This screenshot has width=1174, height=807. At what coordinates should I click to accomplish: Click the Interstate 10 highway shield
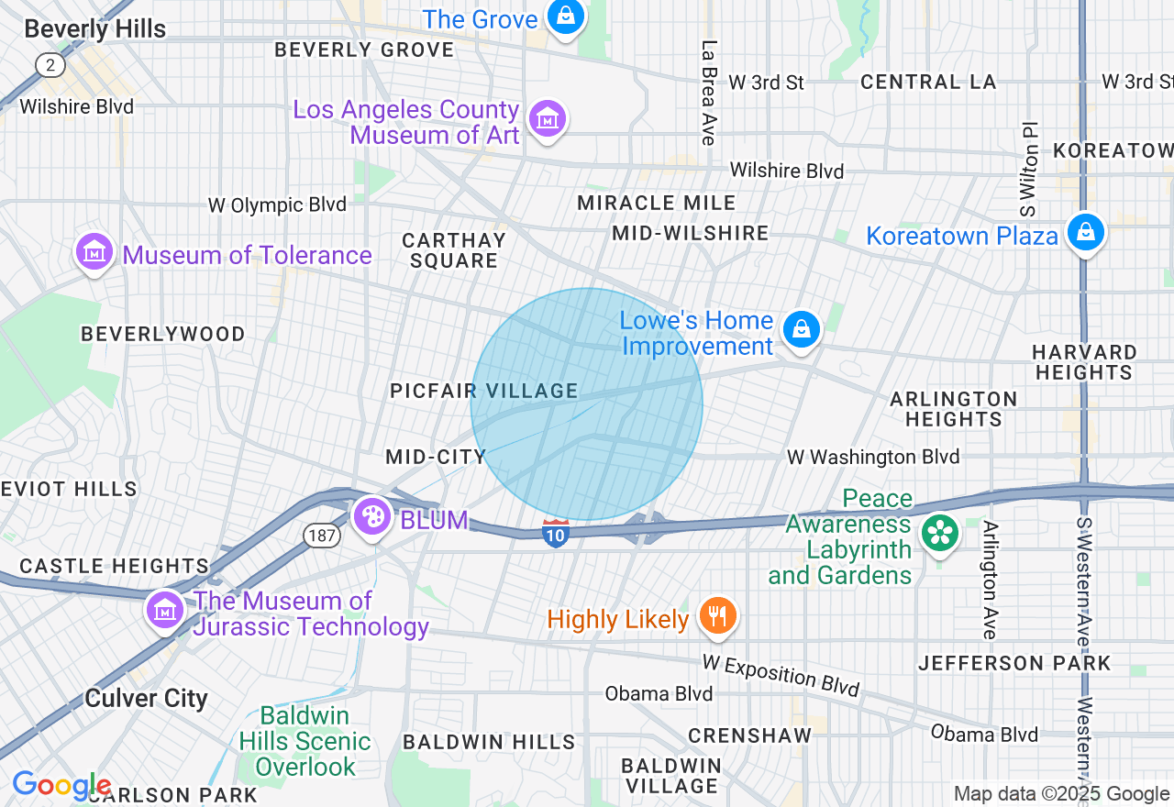pos(555,533)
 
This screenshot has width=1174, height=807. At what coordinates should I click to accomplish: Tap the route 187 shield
pos(322,536)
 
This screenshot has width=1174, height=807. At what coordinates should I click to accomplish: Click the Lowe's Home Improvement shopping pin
pos(802,329)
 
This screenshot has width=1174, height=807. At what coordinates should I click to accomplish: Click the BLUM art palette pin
pos(372,517)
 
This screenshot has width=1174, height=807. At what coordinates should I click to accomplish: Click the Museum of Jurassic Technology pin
pos(165,610)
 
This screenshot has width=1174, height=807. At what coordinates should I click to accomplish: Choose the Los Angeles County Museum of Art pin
pos(548,118)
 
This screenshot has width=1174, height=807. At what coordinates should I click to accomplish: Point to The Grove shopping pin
pos(566,17)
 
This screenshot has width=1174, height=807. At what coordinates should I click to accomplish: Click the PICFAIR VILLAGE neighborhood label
pos(483,392)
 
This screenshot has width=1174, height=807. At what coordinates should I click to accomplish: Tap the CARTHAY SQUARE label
pos(454,250)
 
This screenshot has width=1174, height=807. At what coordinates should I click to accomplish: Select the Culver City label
pos(146,698)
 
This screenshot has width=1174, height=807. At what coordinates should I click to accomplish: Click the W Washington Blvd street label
pos(873,457)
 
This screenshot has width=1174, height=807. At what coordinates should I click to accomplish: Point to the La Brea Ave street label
pos(707,92)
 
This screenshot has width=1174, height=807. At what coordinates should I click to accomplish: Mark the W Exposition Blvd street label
pos(781,675)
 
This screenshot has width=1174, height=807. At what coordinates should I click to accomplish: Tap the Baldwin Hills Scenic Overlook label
pos(304,740)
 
